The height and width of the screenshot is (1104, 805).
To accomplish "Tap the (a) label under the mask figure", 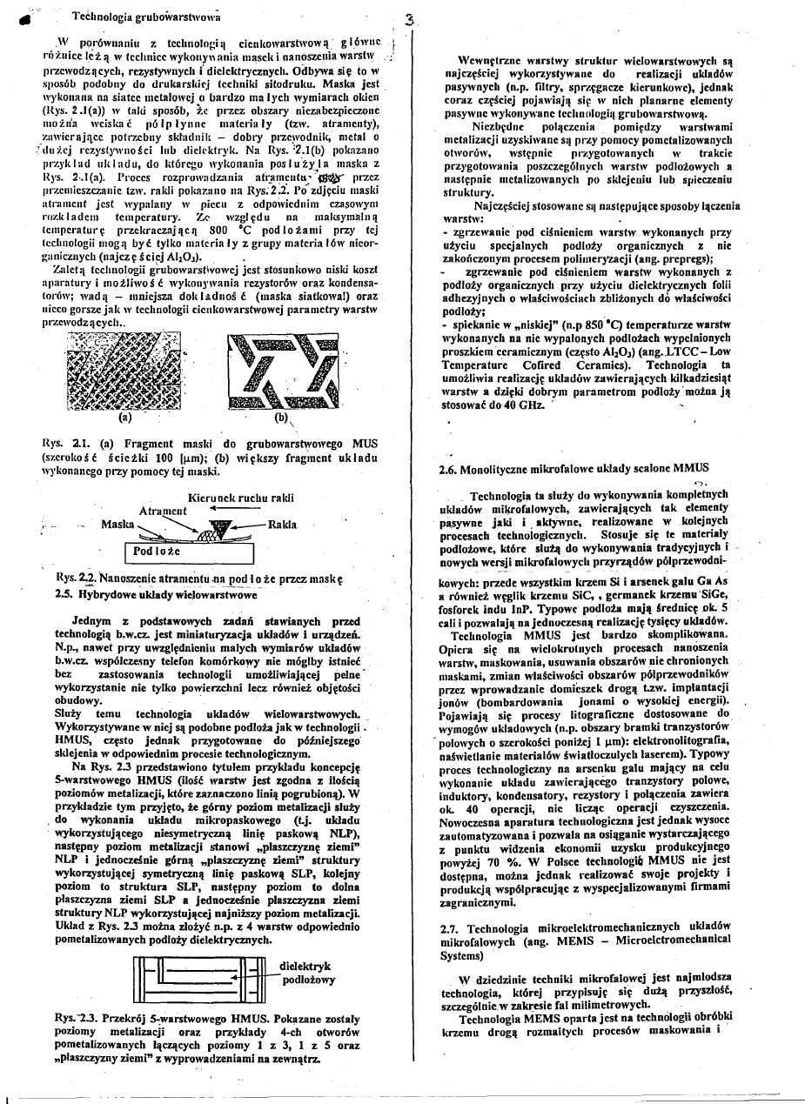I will click(125, 416).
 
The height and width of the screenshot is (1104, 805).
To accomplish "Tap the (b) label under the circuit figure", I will click(280, 416).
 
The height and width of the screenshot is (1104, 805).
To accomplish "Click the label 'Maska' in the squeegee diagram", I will click(117, 525).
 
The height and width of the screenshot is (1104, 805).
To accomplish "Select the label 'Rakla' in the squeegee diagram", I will click(283, 525).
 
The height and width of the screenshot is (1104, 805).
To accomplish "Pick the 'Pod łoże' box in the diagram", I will click(158, 552).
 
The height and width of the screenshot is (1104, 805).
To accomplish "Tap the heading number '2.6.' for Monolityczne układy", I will click(451, 470).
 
